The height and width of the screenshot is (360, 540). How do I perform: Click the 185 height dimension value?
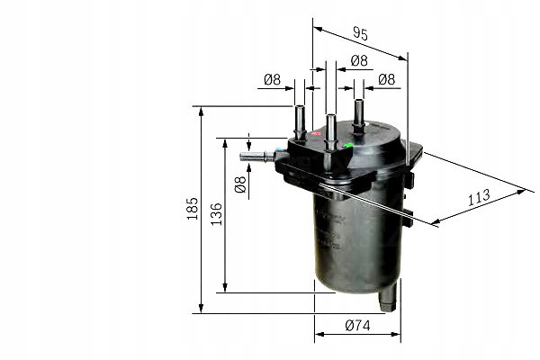(191, 210)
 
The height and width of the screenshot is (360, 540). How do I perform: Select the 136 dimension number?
(216, 214)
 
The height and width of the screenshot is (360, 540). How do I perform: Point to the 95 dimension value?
(360, 35)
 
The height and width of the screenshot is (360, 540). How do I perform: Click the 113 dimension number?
(478, 197)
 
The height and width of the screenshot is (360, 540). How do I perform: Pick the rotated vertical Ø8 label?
(239, 185)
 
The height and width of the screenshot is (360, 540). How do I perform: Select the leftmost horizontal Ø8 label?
(272, 80)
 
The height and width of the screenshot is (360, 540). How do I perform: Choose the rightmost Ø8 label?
(387, 80)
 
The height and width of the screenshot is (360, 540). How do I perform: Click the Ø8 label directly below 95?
(358, 61)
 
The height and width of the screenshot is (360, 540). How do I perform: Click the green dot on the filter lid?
(348, 143)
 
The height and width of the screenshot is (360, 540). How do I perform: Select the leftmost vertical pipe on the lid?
(300, 121)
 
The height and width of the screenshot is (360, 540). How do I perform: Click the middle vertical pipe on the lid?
(331, 130)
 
